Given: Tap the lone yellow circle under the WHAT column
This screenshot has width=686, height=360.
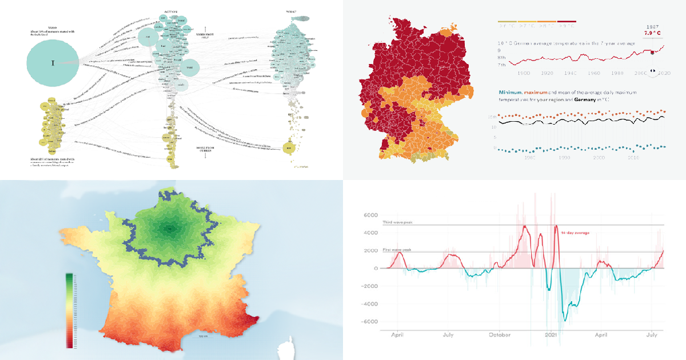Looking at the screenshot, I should (290, 149).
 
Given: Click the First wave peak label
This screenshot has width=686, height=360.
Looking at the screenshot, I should (396, 250).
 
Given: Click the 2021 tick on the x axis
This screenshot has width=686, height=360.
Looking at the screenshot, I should (552, 334).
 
